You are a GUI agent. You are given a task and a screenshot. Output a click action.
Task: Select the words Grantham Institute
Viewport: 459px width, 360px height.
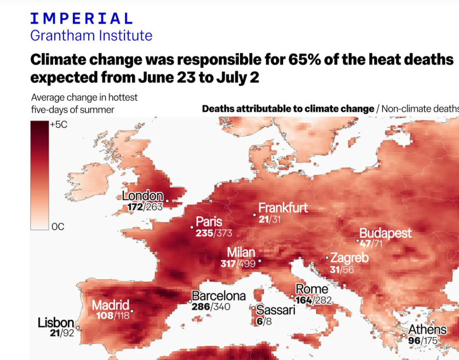[91, 36]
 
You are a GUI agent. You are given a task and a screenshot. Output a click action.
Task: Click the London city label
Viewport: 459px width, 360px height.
[142, 196]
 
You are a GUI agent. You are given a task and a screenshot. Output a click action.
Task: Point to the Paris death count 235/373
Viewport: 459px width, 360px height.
[214, 233]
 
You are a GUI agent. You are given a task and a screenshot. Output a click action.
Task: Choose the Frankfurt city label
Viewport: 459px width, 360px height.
[283, 208]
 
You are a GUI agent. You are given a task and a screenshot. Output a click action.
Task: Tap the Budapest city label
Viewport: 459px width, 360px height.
[385, 233]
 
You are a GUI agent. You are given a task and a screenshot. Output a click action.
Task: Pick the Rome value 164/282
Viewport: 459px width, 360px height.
[314, 300]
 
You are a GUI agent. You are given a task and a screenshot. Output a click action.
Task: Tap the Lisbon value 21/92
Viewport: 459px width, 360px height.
[61, 332]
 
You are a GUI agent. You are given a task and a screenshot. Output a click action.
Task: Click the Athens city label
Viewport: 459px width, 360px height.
[428, 330]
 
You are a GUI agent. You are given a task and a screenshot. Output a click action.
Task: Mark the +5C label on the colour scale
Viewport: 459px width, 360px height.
[59, 124]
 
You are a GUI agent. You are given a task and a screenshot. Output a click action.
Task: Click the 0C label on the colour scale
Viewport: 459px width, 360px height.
[58, 226]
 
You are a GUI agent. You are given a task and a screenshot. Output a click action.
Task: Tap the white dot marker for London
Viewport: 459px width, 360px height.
[167, 201]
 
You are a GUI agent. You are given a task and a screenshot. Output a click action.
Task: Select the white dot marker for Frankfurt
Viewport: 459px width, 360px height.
[255, 215]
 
